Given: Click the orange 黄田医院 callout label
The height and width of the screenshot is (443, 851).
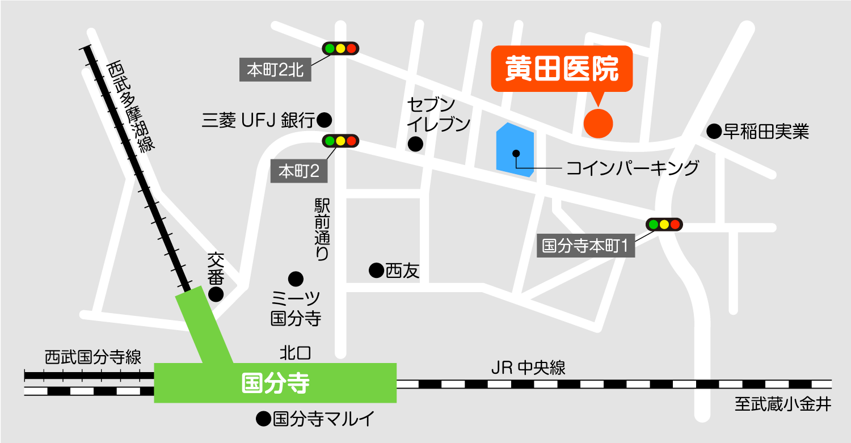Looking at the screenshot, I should point(561,69).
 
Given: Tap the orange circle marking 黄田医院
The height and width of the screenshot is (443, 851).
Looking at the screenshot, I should point(598,122).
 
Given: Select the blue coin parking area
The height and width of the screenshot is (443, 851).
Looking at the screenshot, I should point(515,149).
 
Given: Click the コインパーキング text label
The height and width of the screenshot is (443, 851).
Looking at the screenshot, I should point(632,168).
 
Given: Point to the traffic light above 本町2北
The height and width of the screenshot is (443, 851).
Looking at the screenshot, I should point(340,48).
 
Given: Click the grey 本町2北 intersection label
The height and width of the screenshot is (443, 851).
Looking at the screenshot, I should point(275,70).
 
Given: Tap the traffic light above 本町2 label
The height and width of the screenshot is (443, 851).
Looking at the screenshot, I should point(340,141).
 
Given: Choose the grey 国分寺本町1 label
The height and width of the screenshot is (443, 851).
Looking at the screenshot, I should point(585,246).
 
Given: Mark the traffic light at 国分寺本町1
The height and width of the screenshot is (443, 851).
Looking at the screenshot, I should point(664,225).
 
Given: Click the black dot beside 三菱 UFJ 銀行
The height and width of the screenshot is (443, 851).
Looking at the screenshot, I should point(324,120).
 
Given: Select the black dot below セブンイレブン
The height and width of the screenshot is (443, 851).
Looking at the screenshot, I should point(416,144).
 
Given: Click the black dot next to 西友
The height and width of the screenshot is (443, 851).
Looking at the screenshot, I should point(376,271).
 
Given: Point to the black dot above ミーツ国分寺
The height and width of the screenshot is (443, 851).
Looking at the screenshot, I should point(296,279).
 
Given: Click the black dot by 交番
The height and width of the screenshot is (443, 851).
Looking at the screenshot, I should point(216,294).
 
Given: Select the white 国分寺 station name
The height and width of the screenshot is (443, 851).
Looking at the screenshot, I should point(275,383).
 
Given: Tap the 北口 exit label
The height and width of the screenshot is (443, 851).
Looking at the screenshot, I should point(296,353).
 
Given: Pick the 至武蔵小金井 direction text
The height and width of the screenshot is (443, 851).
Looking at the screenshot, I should point(783,404).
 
